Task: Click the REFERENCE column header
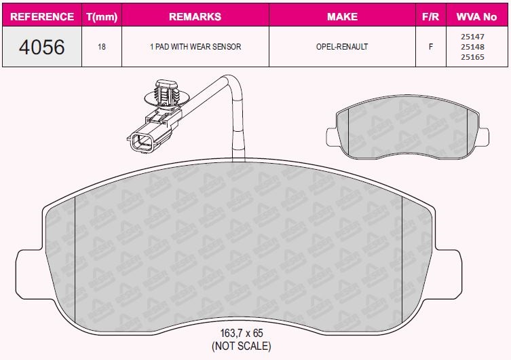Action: click(42, 16)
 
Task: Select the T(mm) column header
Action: click(102, 16)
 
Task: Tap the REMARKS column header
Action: click(195, 16)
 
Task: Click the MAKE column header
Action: click(342, 16)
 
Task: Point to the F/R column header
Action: click(430, 16)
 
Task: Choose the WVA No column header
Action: click(476, 16)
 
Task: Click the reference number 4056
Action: click(41, 47)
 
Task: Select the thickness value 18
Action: click(102, 47)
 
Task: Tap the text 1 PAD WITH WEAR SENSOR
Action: click(195, 47)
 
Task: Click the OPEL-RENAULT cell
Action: click(342, 47)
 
